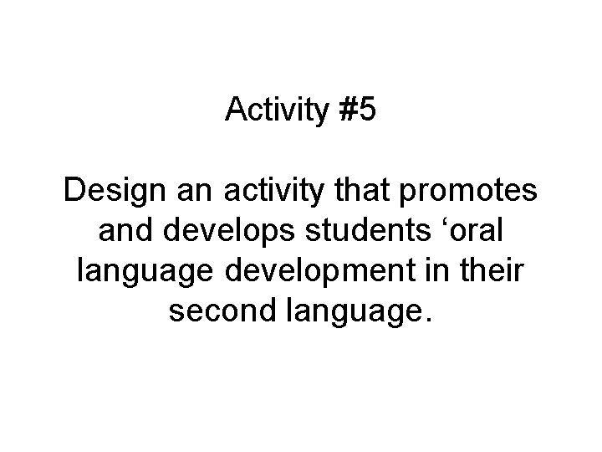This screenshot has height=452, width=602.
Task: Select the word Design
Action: pos(115,193)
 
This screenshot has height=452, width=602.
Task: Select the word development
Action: pos(326,270)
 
